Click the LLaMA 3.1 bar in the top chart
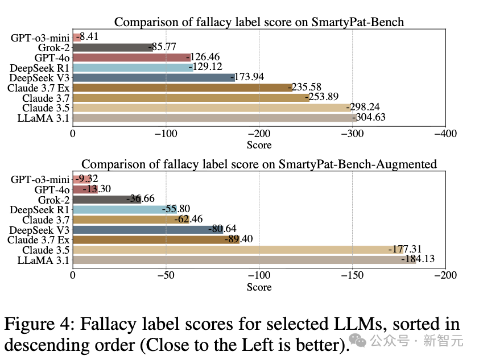(214, 118)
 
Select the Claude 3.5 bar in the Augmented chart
(238, 250)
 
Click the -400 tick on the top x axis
(445, 134)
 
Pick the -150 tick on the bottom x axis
(352, 276)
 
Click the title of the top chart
(259, 22)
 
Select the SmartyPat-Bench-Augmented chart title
(259, 164)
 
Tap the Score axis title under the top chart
(259, 145)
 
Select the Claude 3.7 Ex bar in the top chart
(182, 88)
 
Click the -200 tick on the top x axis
(259, 134)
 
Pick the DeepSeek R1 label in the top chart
(40, 68)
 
